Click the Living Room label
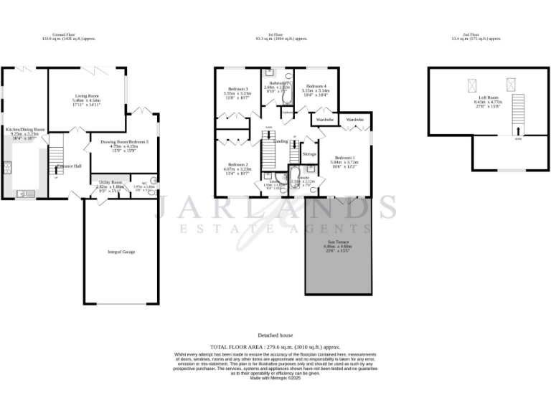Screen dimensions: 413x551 tap(87, 96)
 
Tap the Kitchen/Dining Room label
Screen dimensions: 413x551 tap(26, 130)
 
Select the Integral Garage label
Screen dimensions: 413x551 tap(121, 252)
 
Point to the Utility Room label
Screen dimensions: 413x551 tap(110, 182)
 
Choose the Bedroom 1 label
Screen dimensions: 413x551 tap(343, 157)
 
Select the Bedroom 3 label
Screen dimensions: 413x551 tap(235, 89)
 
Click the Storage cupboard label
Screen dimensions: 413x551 tap(309, 154)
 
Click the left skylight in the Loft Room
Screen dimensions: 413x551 tap(474, 84)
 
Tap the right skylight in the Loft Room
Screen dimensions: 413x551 tap(512, 84)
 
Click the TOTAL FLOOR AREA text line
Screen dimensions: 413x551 tap(275, 346)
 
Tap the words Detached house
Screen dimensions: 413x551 tap(275, 335)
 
